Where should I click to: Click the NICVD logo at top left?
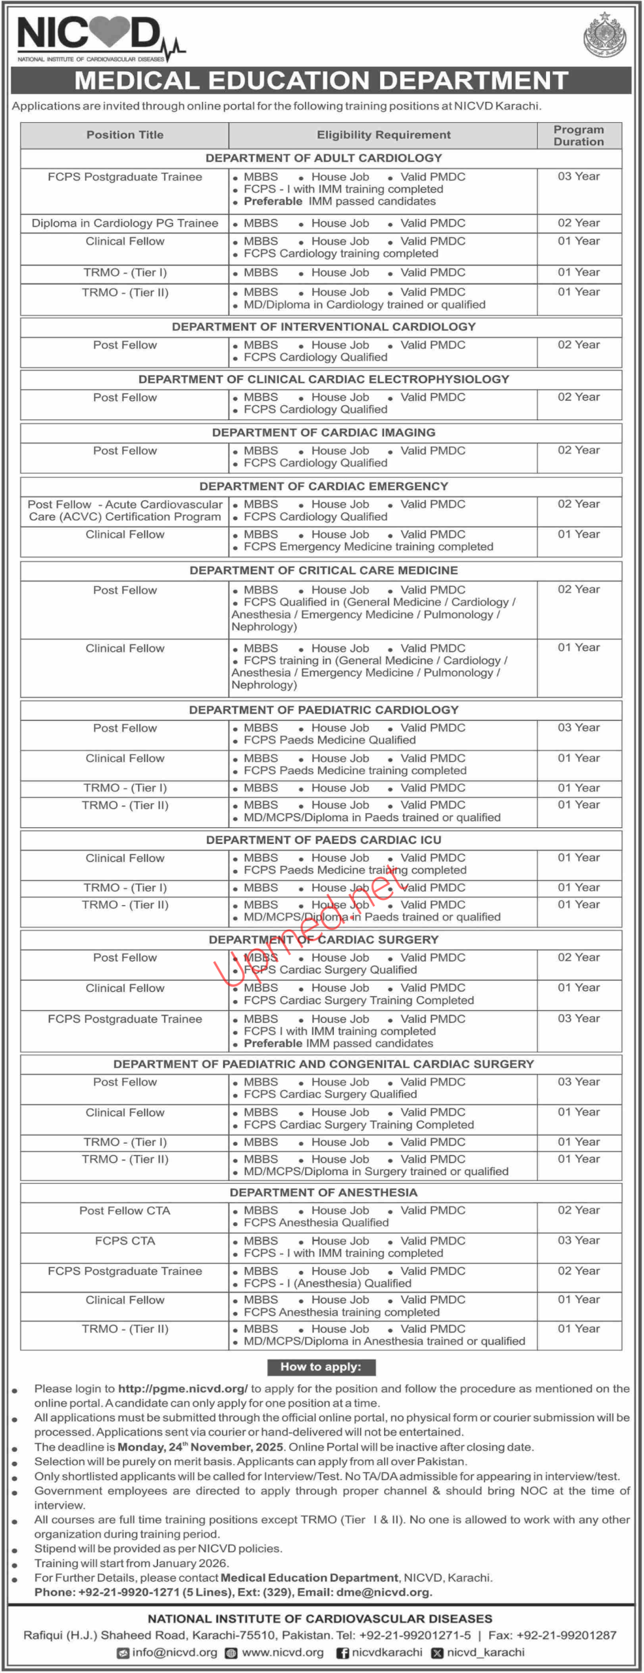[x=98, y=37]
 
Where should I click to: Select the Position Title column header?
[x=125, y=135]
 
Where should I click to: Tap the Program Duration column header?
[x=579, y=135]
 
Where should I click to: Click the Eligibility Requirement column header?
[x=383, y=135]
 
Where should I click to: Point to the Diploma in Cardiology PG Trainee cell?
[x=125, y=223]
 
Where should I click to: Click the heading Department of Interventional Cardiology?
[x=323, y=326]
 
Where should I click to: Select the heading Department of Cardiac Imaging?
[x=323, y=432]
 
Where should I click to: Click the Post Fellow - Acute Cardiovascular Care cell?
[x=125, y=510]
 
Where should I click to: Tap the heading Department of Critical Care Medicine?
[x=323, y=570]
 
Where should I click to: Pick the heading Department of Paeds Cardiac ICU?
[x=323, y=840]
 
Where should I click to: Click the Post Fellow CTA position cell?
[x=125, y=1210]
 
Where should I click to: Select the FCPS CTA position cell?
[x=125, y=1240]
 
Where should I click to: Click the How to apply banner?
[x=321, y=1367]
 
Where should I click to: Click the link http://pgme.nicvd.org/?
[x=183, y=1388]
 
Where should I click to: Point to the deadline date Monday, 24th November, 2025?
[x=200, y=1447]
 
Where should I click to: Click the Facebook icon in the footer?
[x=342, y=1653]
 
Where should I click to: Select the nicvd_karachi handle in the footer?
[x=485, y=1652]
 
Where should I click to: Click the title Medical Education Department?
[x=321, y=80]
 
